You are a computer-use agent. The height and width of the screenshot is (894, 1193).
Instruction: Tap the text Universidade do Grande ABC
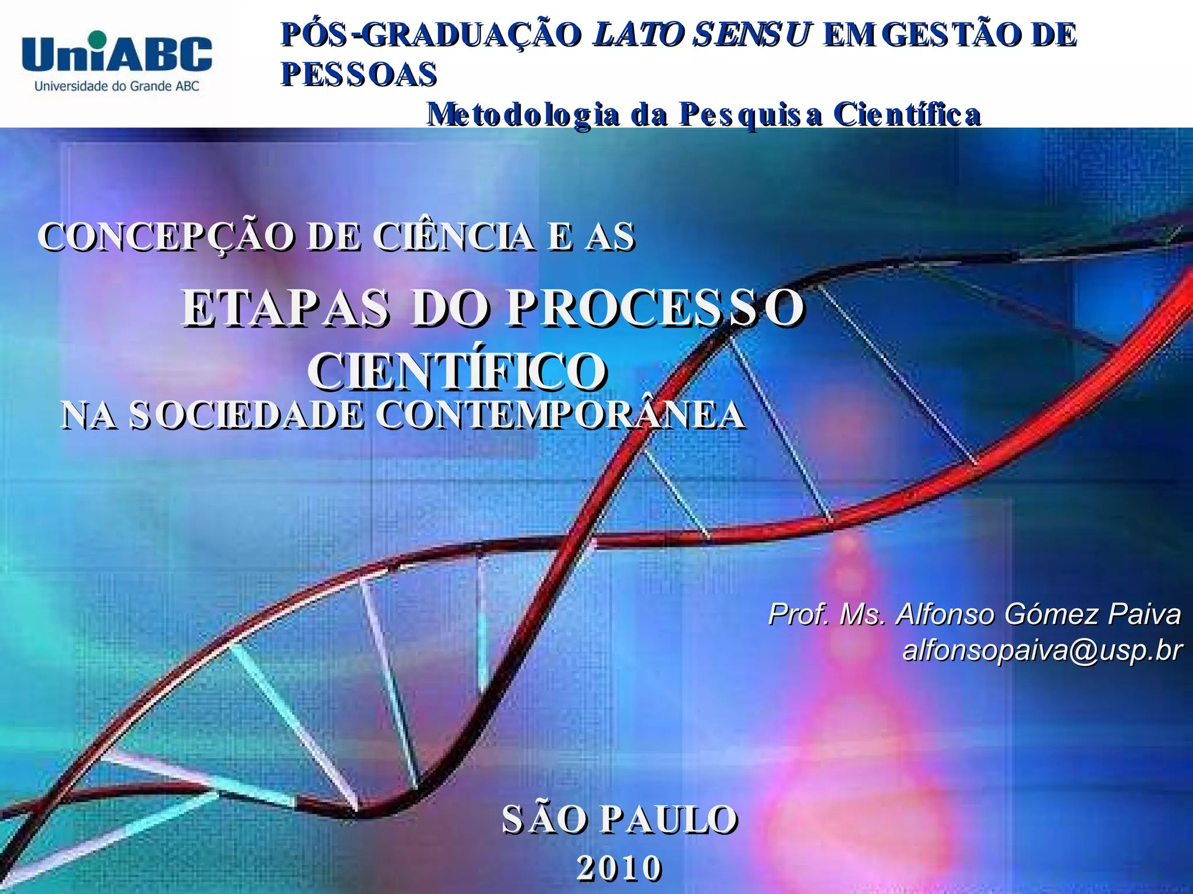tap(117, 86)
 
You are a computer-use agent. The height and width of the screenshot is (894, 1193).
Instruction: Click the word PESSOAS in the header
tap(359, 74)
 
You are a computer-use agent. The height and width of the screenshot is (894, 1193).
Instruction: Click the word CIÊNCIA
tap(454, 237)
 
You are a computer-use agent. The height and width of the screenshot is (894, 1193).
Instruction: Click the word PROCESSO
tap(655, 308)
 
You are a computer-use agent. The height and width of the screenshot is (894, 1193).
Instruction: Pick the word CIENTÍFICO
tap(458, 371)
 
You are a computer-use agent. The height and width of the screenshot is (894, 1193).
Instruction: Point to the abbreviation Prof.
tap(799, 614)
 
